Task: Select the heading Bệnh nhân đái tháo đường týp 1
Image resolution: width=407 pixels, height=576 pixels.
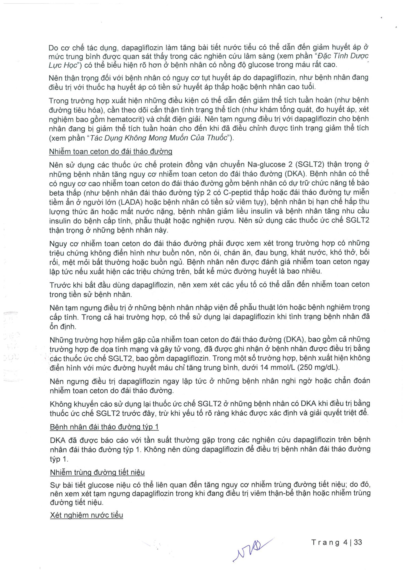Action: click(104, 427)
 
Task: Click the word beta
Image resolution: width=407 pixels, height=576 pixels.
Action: click(56, 193)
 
